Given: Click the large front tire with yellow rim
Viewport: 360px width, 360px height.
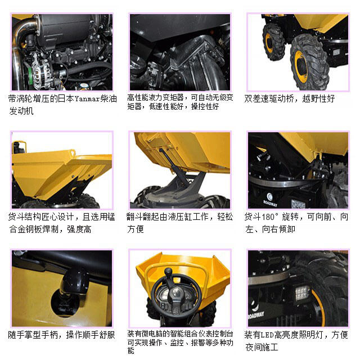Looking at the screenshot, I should coord(309,61).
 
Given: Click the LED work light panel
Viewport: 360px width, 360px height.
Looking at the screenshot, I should coord(302,292).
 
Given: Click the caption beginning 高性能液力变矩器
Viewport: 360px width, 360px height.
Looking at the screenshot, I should coord(180,101).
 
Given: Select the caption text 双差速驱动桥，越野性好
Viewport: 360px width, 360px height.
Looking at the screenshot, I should coord(289,98).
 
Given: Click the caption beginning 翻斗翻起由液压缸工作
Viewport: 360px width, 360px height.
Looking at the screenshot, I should coord(180,223).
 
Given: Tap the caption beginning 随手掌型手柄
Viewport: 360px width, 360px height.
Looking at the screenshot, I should coord(62,335).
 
